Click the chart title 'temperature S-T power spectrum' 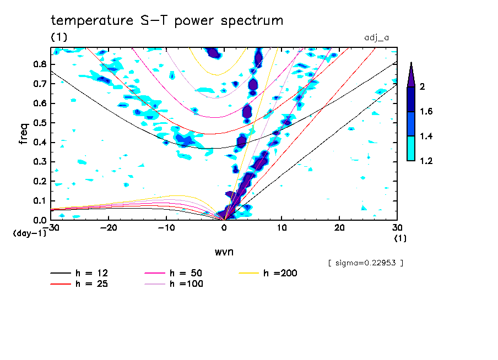tap(167, 21)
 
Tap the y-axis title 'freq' tap(23, 134)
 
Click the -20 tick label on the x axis tap(109, 227)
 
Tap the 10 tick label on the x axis tap(282, 227)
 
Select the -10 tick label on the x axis tap(166, 227)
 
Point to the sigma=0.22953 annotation tap(365, 263)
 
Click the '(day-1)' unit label tap(29, 233)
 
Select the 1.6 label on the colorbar tap(426, 112)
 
